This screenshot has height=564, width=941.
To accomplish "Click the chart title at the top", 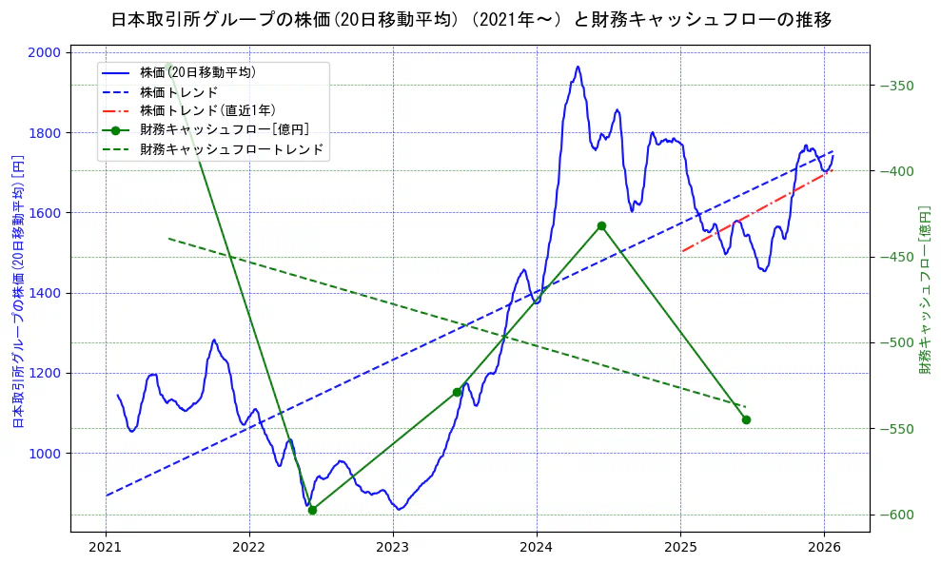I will [471, 20].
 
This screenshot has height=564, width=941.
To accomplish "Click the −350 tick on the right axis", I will [898, 86].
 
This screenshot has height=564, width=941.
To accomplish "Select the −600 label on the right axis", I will [898, 515].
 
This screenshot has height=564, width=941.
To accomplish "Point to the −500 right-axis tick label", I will [898, 343].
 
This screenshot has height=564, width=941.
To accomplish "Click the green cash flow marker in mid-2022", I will [312, 510].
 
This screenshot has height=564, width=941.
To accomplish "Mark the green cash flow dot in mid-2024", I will [601, 225].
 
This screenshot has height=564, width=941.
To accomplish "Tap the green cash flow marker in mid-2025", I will [746, 419].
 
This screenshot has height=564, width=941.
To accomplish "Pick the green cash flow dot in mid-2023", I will [457, 392].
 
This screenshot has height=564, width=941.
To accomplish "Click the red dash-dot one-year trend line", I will [752, 212].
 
